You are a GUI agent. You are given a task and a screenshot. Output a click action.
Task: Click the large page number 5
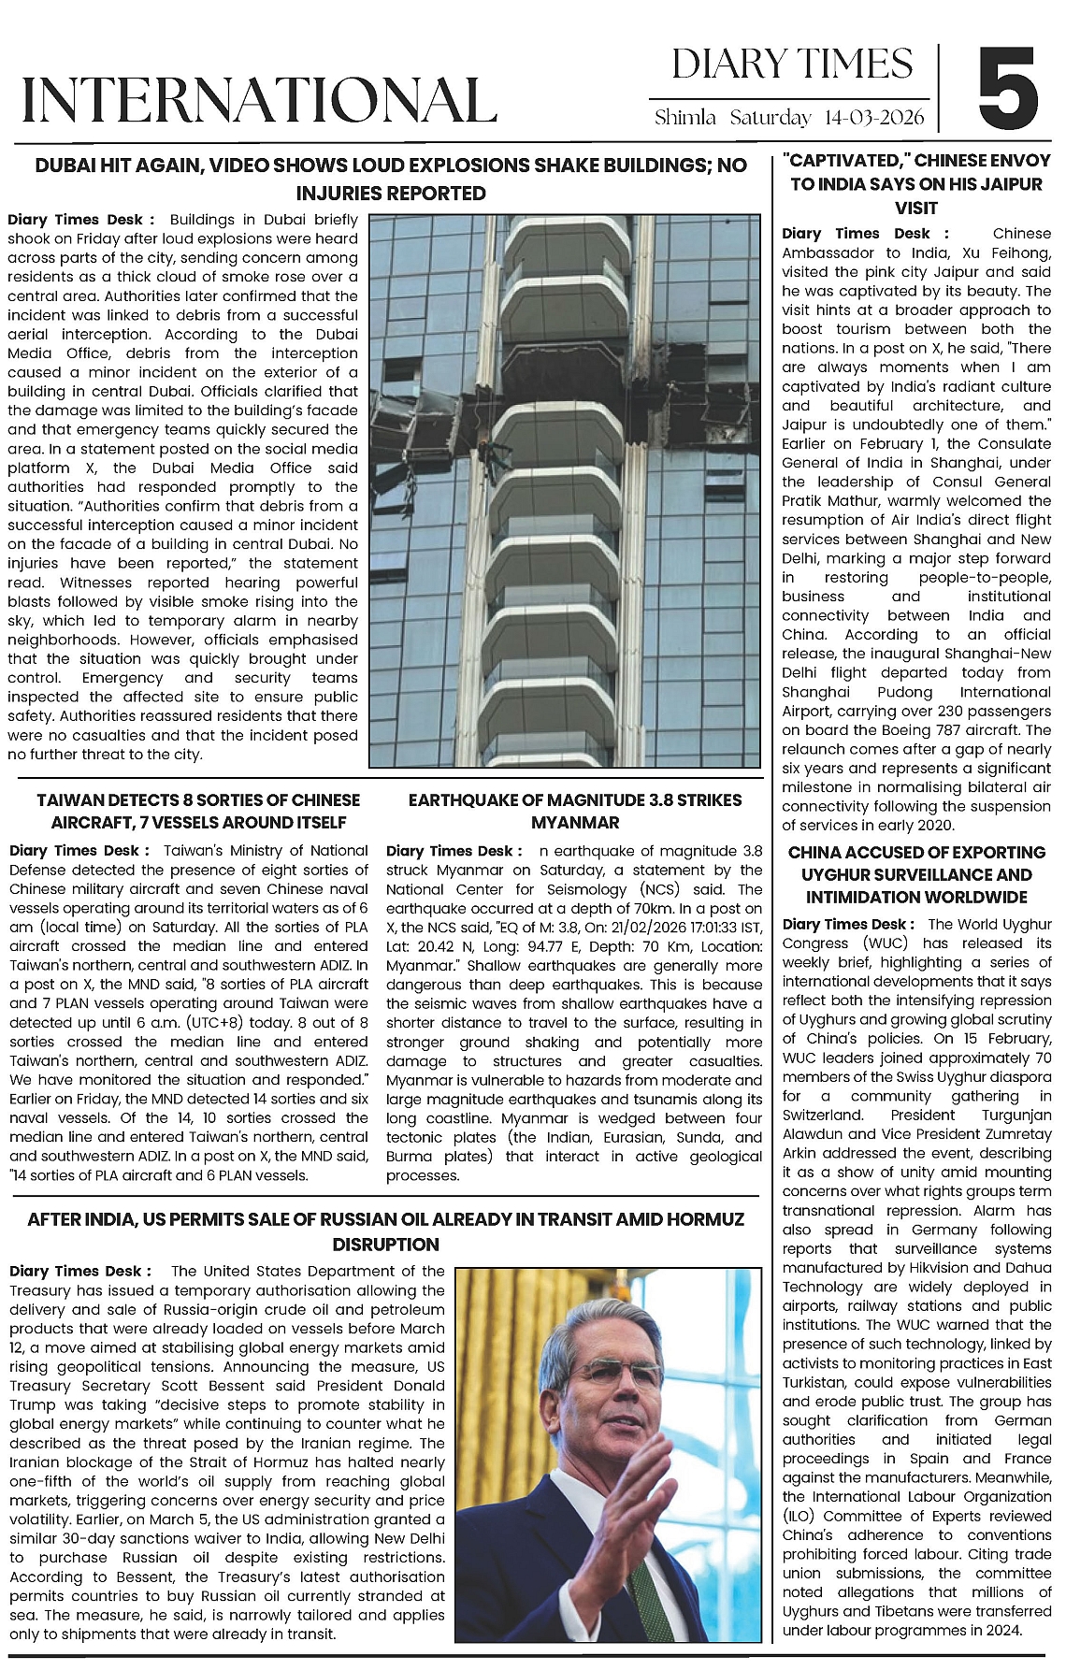(1008, 91)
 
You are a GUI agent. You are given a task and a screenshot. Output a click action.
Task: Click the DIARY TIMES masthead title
(792, 65)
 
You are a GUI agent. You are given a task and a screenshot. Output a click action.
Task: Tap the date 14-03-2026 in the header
(874, 118)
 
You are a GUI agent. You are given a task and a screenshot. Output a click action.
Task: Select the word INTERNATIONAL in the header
(259, 100)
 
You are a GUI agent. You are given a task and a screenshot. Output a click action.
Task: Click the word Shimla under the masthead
(685, 118)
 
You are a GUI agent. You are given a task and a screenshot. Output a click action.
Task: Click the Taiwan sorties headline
(198, 812)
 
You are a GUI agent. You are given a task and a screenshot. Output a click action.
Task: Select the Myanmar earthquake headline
(575, 812)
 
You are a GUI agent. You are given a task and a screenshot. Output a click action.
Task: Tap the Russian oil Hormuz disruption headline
(385, 1231)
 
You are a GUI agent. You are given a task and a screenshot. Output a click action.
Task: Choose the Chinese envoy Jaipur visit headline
(915, 184)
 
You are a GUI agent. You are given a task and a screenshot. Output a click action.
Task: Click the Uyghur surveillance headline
(915, 875)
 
